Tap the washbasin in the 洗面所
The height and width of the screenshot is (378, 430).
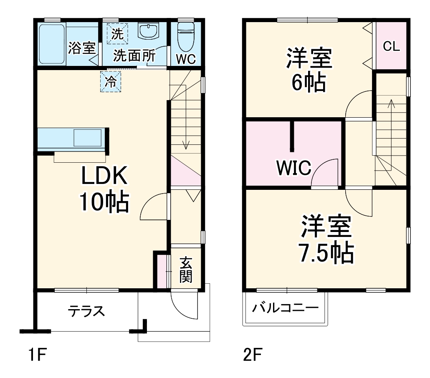tap(149, 31)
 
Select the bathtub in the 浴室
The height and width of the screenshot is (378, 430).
tap(52, 44)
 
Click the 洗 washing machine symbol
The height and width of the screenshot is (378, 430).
tap(117, 33)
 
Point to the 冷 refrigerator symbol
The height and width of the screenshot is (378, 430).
tap(111, 81)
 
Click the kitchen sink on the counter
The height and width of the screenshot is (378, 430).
tap(88, 138)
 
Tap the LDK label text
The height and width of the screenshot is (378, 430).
tap(104, 175)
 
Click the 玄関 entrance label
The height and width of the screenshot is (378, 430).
tap(186, 270)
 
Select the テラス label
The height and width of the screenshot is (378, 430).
tap(86, 311)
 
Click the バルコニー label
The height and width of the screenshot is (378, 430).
tap(285, 308)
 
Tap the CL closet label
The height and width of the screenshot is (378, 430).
tap(391, 46)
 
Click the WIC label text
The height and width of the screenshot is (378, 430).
tap(294, 168)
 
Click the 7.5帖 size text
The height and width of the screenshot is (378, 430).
tap(326, 253)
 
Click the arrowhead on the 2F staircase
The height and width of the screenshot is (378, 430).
tap(391, 103)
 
